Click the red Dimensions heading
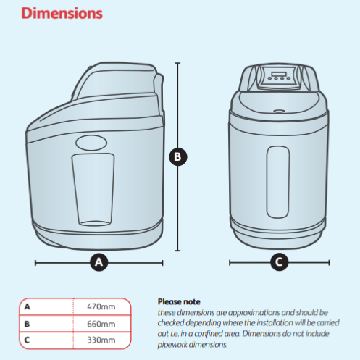click(62, 13)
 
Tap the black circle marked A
click(99, 262)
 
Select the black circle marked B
click(178, 156)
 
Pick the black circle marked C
click(280, 262)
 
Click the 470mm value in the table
click(101, 306)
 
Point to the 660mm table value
click(101, 324)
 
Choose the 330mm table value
click(101, 340)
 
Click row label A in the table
click(28, 306)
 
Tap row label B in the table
click(27, 324)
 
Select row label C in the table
click(27, 340)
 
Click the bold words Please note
click(179, 301)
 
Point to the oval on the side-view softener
click(91, 143)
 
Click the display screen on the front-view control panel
click(279, 74)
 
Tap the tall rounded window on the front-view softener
click(278, 182)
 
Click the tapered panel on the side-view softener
click(93, 190)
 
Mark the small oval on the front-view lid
click(279, 111)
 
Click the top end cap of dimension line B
click(177, 63)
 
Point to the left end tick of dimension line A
click(35, 263)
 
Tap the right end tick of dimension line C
click(329, 262)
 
